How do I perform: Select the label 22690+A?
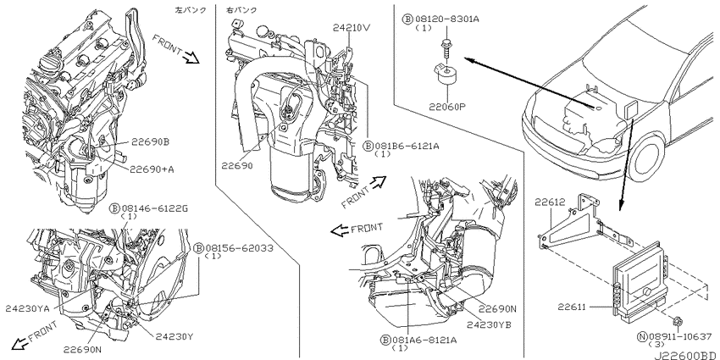coord(152,168)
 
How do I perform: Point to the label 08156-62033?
coord(238,248)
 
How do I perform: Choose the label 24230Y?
coord(173,336)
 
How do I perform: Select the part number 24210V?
coord(351,27)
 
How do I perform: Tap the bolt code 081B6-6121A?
coord(408,145)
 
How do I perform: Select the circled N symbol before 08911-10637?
coord(642,338)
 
